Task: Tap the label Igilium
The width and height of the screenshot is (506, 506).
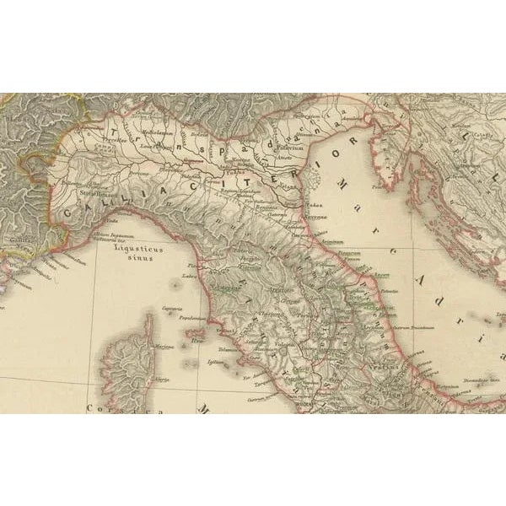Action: tap(214, 363)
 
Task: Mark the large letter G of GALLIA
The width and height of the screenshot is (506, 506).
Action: tap(66, 221)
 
